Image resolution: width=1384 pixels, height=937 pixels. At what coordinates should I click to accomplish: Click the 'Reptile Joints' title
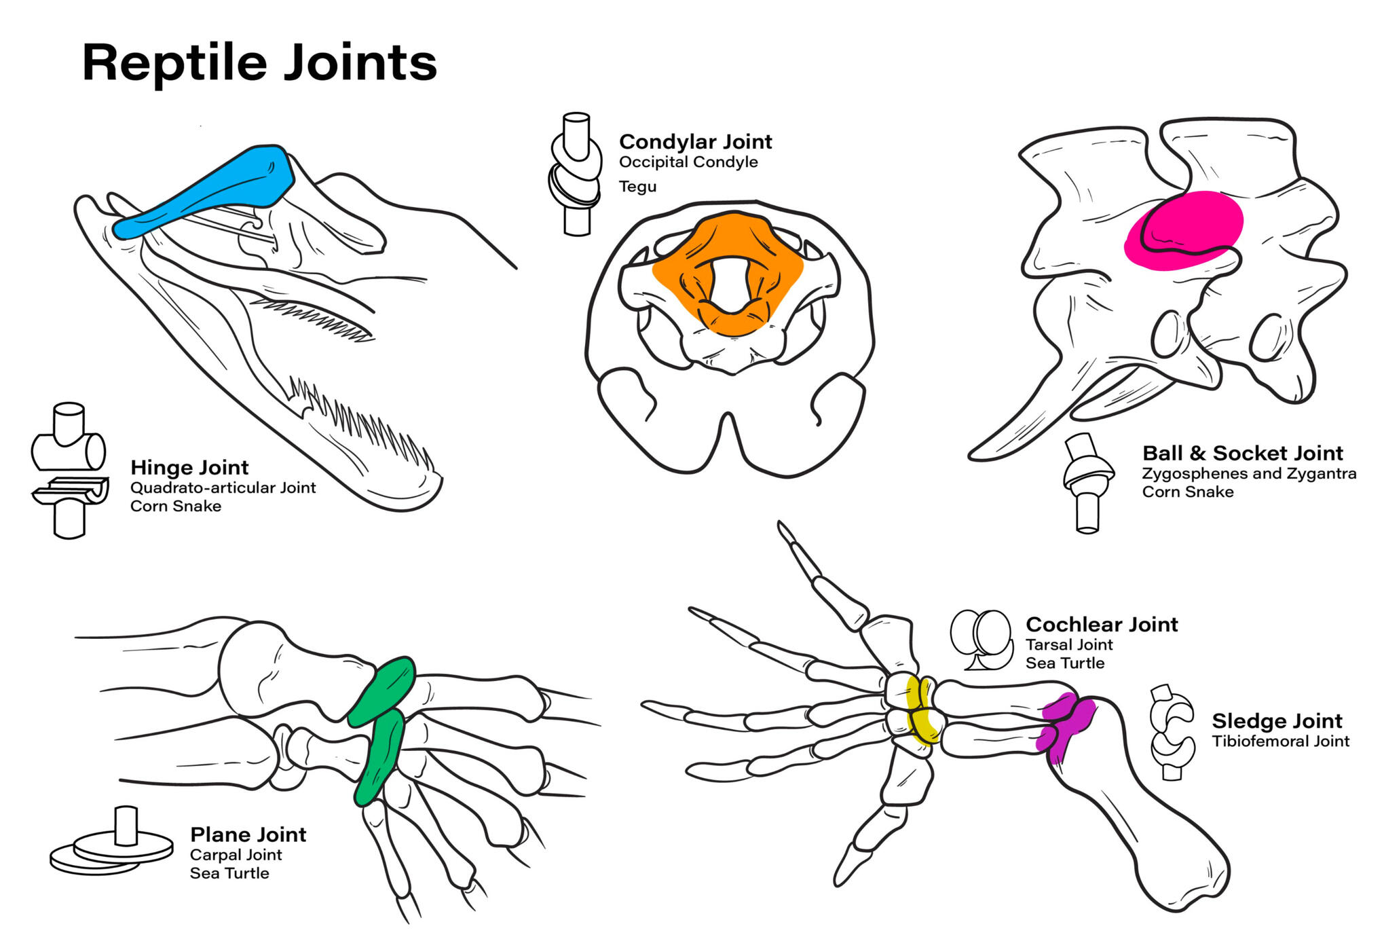pyautogui.click(x=259, y=62)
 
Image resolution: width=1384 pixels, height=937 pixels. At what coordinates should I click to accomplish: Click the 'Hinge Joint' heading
pyautogui.click(x=189, y=467)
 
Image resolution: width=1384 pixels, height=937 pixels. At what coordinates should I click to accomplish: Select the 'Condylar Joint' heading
pyautogui.click(x=695, y=141)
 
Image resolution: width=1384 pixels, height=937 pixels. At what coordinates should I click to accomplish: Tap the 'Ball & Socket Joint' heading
pyautogui.click(x=1242, y=453)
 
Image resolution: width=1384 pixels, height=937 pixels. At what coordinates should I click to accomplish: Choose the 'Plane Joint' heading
pyautogui.click(x=248, y=834)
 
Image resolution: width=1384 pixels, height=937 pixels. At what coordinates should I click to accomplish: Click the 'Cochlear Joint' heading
pyautogui.click(x=1101, y=624)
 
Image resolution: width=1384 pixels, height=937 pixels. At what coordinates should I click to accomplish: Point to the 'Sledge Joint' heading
pyautogui.click(x=1277, y=720)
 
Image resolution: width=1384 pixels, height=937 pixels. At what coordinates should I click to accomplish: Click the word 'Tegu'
pyautogui.click(x=637, y=186)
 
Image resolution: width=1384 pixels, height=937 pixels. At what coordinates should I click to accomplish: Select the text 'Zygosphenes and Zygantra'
pyautogui.click(x=1248, y=473)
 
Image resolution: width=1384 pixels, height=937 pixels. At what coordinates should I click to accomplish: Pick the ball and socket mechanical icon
pyautogui.click(x=1087, y=482)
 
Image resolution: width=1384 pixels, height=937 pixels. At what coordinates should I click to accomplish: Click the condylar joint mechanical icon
pyautogui.click(x=576, y=174)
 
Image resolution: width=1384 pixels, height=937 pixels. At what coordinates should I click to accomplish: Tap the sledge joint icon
pyautogui.click(x=1172, y=731)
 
